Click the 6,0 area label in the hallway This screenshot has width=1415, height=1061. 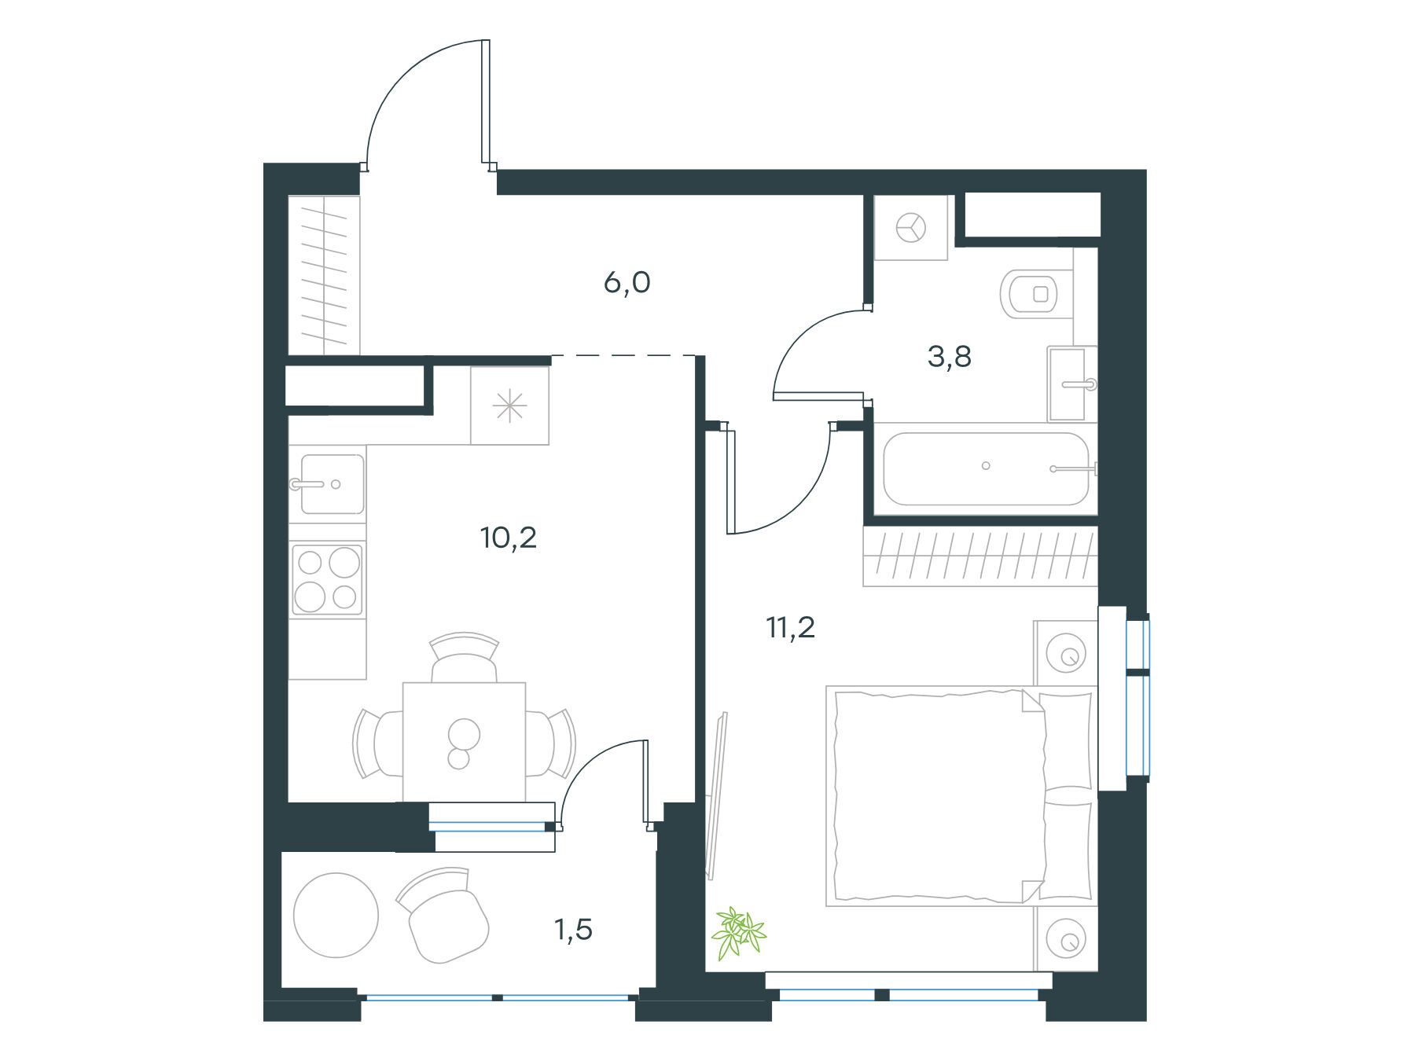point(627,283)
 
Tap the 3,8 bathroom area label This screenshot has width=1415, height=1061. point(950,358)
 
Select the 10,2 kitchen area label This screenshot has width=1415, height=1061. point(509,538)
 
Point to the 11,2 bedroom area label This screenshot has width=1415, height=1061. point(791,628)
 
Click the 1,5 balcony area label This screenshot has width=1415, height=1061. point(574,931)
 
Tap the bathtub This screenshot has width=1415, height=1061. point(986,469)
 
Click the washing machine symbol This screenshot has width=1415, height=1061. point(911,228)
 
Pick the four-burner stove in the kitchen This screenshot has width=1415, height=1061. point(327,579)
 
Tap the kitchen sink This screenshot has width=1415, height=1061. point(327,483)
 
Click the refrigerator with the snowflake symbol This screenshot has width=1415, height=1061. point(509,406)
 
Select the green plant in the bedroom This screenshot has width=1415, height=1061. point(738,931)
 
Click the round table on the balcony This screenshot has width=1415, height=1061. point(336,915)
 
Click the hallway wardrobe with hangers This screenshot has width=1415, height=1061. point(324,275)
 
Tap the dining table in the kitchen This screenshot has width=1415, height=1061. point(464,742)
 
